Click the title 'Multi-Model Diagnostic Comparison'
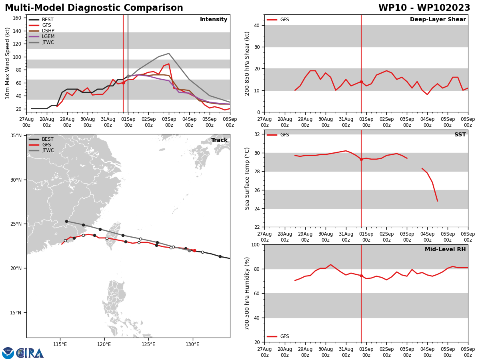pos(94,8)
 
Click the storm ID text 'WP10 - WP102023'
pos(424,8)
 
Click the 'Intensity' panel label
pos(214,20)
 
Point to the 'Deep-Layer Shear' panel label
pos(438,20)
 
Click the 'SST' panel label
pos(460,135)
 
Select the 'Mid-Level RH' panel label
pos(445,250)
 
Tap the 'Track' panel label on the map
pos(219,140)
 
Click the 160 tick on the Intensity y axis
pos(17,18)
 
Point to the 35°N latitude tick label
pos(16,136)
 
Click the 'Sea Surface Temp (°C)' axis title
pos(248,178)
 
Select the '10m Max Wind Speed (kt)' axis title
pos(8,63)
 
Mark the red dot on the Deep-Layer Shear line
pos(361,82)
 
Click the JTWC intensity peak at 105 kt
pos(169,53)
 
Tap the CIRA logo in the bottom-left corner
pos(23,353)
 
